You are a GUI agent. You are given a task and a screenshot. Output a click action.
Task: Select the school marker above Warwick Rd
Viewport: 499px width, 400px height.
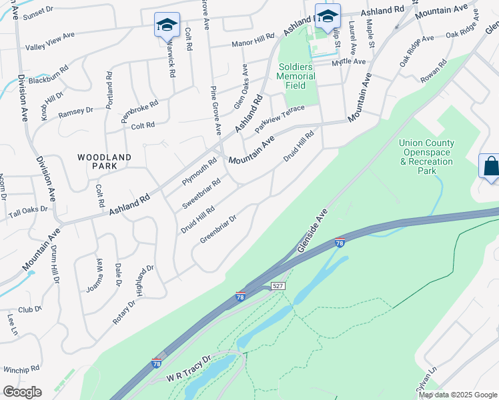166,25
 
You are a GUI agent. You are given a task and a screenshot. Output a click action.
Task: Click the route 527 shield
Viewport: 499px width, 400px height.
278,286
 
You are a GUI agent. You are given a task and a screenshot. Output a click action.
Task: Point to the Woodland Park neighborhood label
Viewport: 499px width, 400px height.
104,161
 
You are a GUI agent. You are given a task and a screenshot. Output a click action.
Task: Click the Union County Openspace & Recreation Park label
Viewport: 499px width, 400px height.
427,157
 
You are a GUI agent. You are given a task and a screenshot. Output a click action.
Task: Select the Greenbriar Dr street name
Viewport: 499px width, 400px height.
218,229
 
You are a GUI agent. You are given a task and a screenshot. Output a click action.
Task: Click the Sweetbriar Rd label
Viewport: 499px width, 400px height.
201,193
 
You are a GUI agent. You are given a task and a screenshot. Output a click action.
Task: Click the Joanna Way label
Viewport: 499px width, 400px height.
95,275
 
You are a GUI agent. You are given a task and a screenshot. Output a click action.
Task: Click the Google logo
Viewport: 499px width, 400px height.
22,391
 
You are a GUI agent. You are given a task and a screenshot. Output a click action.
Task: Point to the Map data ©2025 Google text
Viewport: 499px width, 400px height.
458,395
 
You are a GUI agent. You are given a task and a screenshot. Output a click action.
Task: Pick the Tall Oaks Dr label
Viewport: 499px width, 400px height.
28,213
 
